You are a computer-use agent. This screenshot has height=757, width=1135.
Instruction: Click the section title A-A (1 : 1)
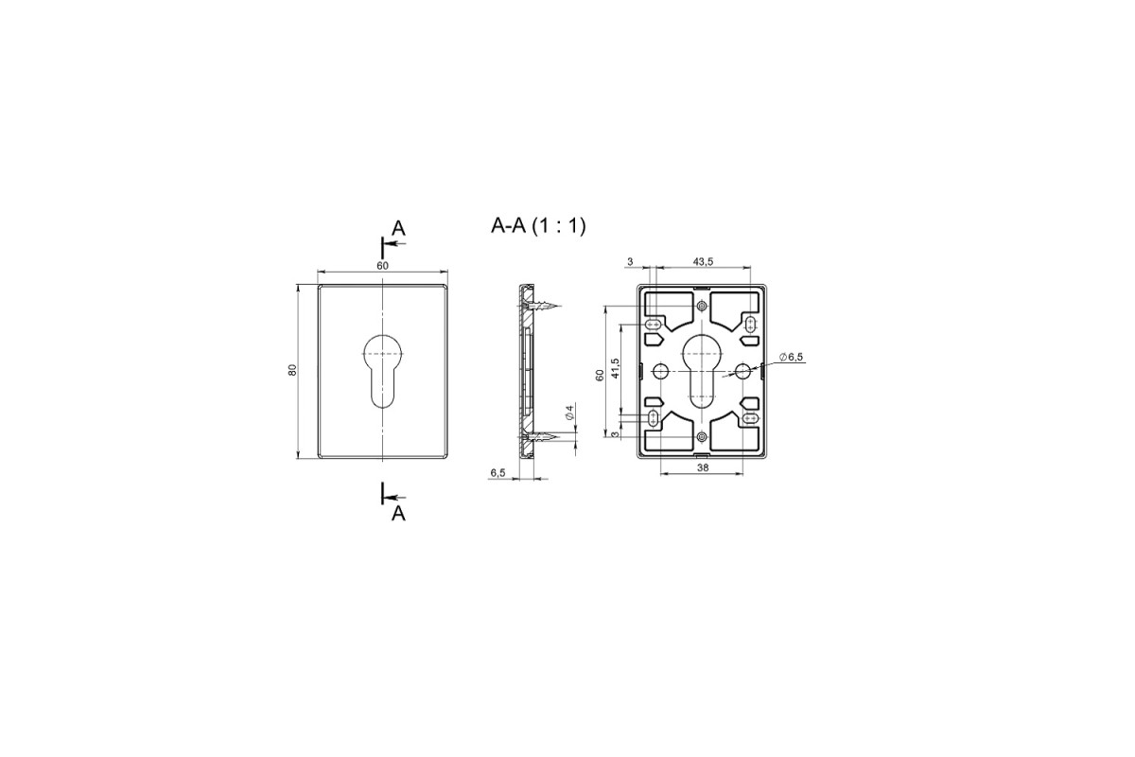tap(538, 226)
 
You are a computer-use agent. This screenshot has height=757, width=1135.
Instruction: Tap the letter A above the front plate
tap(399, 229)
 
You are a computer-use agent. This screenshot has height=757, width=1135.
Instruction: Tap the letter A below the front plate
tap(399, 514)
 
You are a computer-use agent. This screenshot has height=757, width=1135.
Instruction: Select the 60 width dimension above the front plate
tap(382, 266)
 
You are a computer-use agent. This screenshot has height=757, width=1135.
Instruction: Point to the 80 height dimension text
tap(292, 370)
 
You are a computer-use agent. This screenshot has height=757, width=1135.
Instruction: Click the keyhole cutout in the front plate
tap(382, 371)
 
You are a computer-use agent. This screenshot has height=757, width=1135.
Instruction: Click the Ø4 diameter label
tap(569, 413)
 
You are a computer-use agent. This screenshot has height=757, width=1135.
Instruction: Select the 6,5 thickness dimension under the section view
tap(498, 472)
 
